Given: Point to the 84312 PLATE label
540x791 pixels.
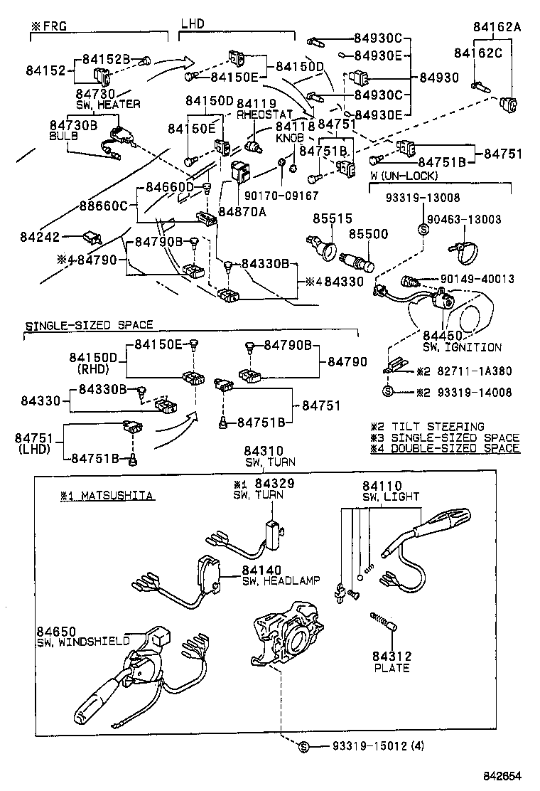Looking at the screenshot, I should point(391,662).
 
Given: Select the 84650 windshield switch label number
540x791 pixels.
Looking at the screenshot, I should point(55,631).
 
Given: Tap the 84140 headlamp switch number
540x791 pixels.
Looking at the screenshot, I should point(261,570).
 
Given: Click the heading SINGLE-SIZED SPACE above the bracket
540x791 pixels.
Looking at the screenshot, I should point(90,325).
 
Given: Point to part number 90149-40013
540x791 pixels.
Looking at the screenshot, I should point(477,279).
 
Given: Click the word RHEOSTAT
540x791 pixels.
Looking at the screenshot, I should point(264,115).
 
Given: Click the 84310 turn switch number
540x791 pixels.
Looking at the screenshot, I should point(264,451).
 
